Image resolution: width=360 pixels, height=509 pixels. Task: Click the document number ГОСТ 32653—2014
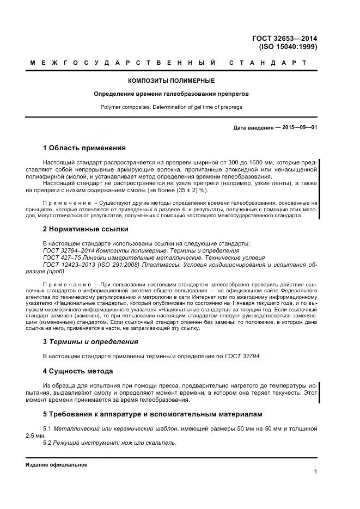click(285, 39)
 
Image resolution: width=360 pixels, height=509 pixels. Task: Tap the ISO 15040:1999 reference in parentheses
click(289, 47)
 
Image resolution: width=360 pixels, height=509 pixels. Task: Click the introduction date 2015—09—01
click(297, 127)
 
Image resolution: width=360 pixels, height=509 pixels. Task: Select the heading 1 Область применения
click(84, 148)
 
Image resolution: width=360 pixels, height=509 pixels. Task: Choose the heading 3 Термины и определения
click(90, 342)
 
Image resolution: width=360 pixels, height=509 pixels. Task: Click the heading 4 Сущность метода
click(78, 371)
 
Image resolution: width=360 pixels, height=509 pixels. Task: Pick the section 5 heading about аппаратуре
click(152, 414)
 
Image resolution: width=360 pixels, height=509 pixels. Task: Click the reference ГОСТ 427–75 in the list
click(62, 257)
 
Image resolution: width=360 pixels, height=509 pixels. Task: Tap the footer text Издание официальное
click(57, 464)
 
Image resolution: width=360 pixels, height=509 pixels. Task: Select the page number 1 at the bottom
click(315, 471)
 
